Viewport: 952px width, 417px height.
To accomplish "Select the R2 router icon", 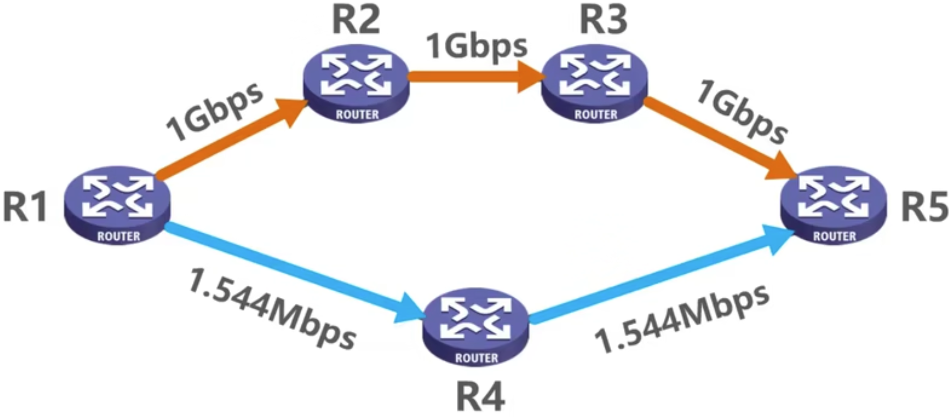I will (x=356, y=84).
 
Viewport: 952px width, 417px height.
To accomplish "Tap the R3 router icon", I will (x=595, y=84).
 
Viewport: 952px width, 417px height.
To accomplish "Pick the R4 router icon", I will (x=476, y=327).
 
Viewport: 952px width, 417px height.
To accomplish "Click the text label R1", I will (x=25, y=206).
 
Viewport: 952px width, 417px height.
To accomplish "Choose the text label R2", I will (x=356, y=20).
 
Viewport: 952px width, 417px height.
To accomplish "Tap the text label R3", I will (x=603, y=20).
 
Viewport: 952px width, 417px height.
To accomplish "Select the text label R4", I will (x=480, y=397).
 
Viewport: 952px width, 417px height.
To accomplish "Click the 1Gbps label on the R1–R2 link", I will (x=215, y=112).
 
